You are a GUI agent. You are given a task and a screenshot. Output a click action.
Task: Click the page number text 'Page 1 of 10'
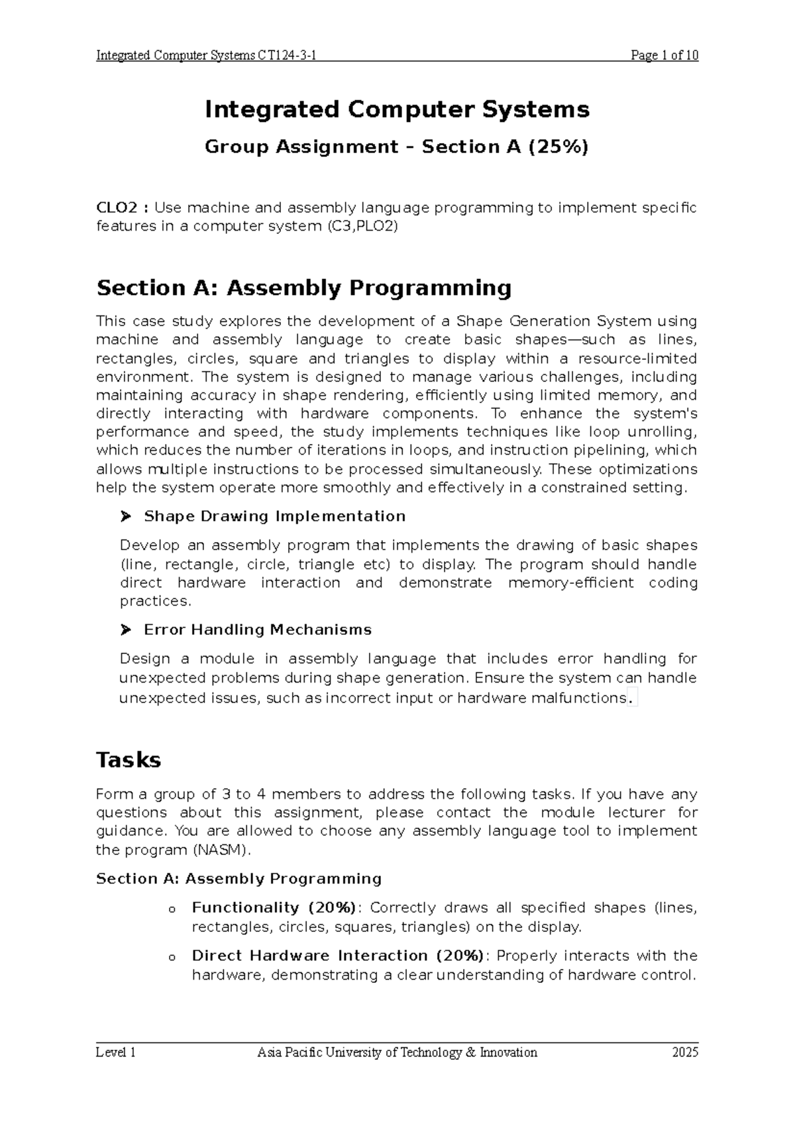point(664,56)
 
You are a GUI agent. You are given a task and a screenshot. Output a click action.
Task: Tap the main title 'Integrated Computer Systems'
point(397,109)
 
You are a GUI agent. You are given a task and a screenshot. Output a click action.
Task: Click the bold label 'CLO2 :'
point(123,208)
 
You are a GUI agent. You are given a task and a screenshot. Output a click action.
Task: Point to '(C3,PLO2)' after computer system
point(362,227)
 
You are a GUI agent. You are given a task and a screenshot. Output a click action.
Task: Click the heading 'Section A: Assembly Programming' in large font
point(304,288)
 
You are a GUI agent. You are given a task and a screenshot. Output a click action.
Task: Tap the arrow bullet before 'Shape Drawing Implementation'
point(127,516)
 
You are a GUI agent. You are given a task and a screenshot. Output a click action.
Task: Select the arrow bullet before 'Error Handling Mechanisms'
point(127,630)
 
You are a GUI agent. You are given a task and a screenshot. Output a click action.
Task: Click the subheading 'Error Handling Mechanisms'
point(257,630)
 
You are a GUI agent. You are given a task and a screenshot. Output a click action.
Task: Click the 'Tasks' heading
point(129,759)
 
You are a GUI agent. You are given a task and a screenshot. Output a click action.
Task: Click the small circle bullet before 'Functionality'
point(172,909)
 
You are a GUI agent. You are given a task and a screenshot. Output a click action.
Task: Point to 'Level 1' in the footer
point(116,1052)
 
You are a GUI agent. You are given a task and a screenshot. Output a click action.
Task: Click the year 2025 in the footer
point(685,1052)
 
